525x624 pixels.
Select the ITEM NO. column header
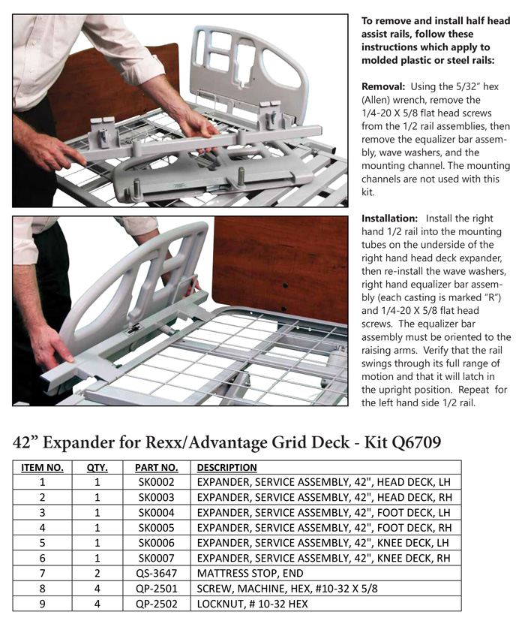click(42, 467)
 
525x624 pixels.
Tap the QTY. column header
click(97, 467)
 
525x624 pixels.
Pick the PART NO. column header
click(156, 467)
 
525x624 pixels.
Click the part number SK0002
click(156, 482)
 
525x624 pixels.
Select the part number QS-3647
click(156, 573)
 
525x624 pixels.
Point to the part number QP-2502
click(156, 603)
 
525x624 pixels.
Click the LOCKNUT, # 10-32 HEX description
click(252, 603)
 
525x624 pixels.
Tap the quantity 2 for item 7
click(97, 573)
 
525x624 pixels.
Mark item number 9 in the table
click(42, 603)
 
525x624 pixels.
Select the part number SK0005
click(156, 527)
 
